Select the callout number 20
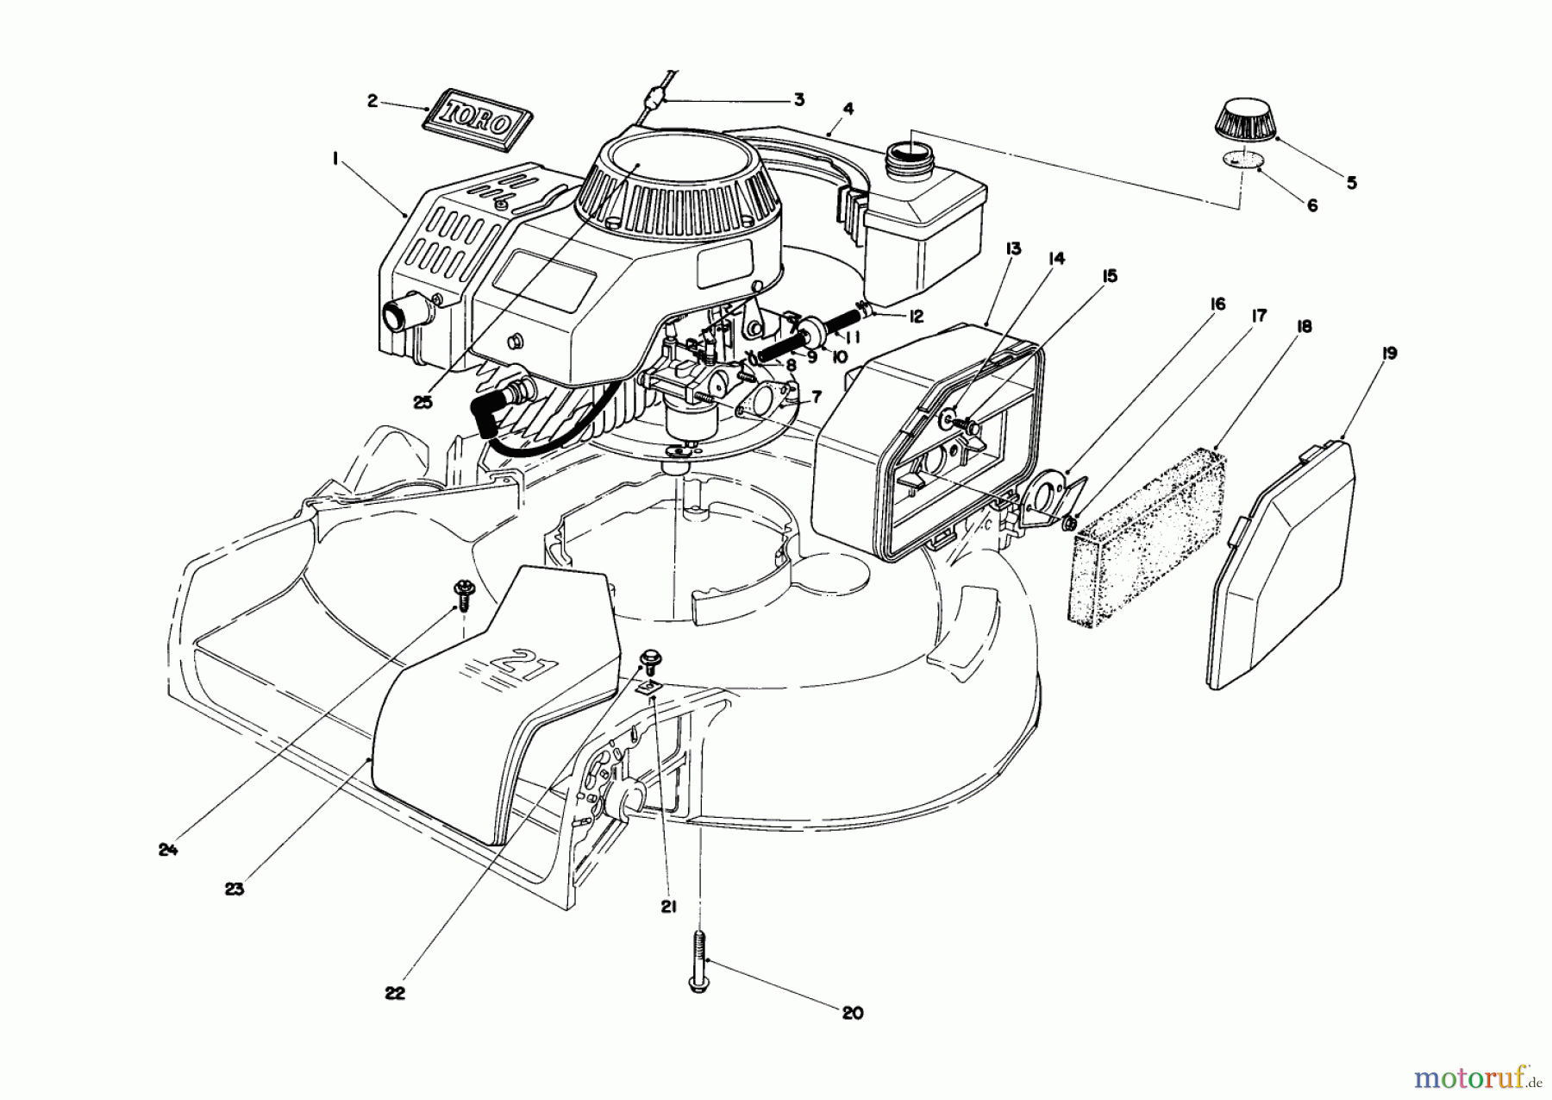(852, 1014)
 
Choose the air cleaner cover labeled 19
(1282, 562)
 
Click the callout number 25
(422, 403)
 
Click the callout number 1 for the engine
(335, 159)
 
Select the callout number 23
(235, 889)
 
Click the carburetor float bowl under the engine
(690, 422)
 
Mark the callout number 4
(848, 110)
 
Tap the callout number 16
(1217, 304)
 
